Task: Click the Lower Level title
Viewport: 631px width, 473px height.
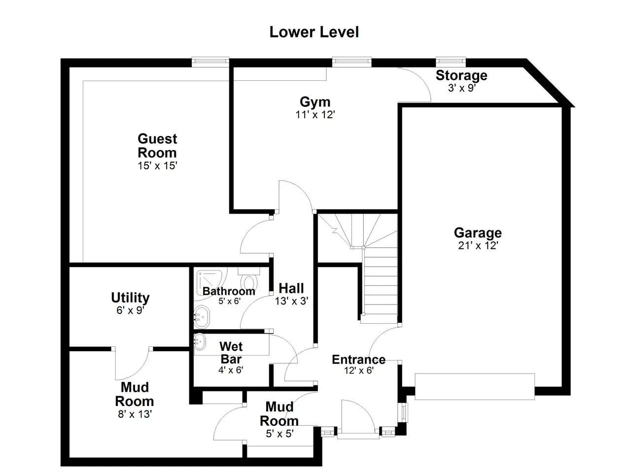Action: pos(314,32)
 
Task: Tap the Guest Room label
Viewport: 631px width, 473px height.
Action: pos(157,146)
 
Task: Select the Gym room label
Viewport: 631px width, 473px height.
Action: pos(315,102)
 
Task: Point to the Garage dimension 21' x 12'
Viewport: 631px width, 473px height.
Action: pos(478,245)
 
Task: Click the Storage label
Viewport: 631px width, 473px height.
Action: pos(461,75)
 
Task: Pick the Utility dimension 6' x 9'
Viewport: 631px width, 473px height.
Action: pos(130,310)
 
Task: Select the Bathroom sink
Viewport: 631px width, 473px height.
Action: pos(202,317)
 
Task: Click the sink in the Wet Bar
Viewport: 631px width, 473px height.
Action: pos(200,342)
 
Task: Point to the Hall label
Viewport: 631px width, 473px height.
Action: pos(291,288)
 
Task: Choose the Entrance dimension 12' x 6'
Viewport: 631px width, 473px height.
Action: pos(359,370)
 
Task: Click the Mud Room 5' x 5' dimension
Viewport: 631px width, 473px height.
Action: pos(280,434)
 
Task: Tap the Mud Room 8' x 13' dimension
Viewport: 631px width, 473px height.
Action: pos(135,414)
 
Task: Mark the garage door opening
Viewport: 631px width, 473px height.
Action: pos(475,386)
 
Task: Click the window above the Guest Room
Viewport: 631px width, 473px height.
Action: pos(210,62)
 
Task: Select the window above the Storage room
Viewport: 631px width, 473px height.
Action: pos(451,62)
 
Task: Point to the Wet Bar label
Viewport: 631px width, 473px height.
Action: pos(231,353)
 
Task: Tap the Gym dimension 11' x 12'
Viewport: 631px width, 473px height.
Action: pos(315,115)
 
